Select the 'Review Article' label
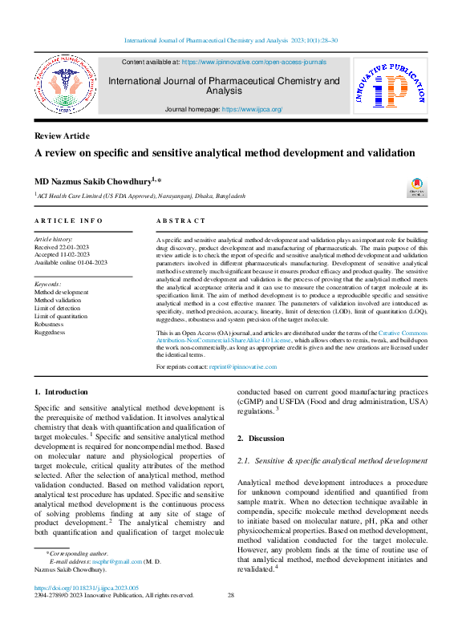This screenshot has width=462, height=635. point(62,135)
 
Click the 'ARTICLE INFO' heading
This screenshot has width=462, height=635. point(68,220)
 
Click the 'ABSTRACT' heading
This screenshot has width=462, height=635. point(180,220)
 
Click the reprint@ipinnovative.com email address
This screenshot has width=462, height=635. point(242,366)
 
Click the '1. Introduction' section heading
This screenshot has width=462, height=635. point(61,391)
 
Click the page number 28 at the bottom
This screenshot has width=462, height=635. point(230,596)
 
